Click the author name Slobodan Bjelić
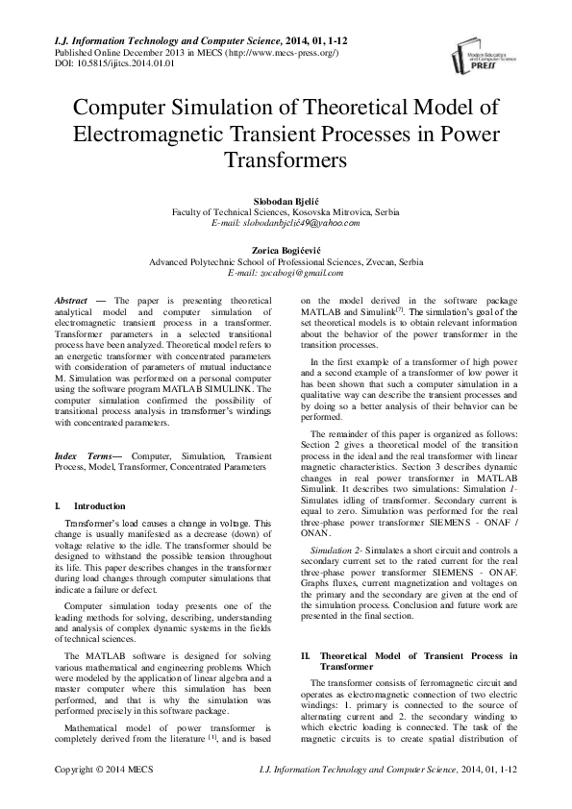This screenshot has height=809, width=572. [286, 200]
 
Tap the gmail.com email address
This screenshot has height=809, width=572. [286, 273]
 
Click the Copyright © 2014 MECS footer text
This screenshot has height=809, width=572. [100, 770]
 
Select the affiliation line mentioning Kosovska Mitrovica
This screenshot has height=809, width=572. [286, 211]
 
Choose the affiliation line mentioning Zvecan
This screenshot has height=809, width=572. [286, 261]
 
